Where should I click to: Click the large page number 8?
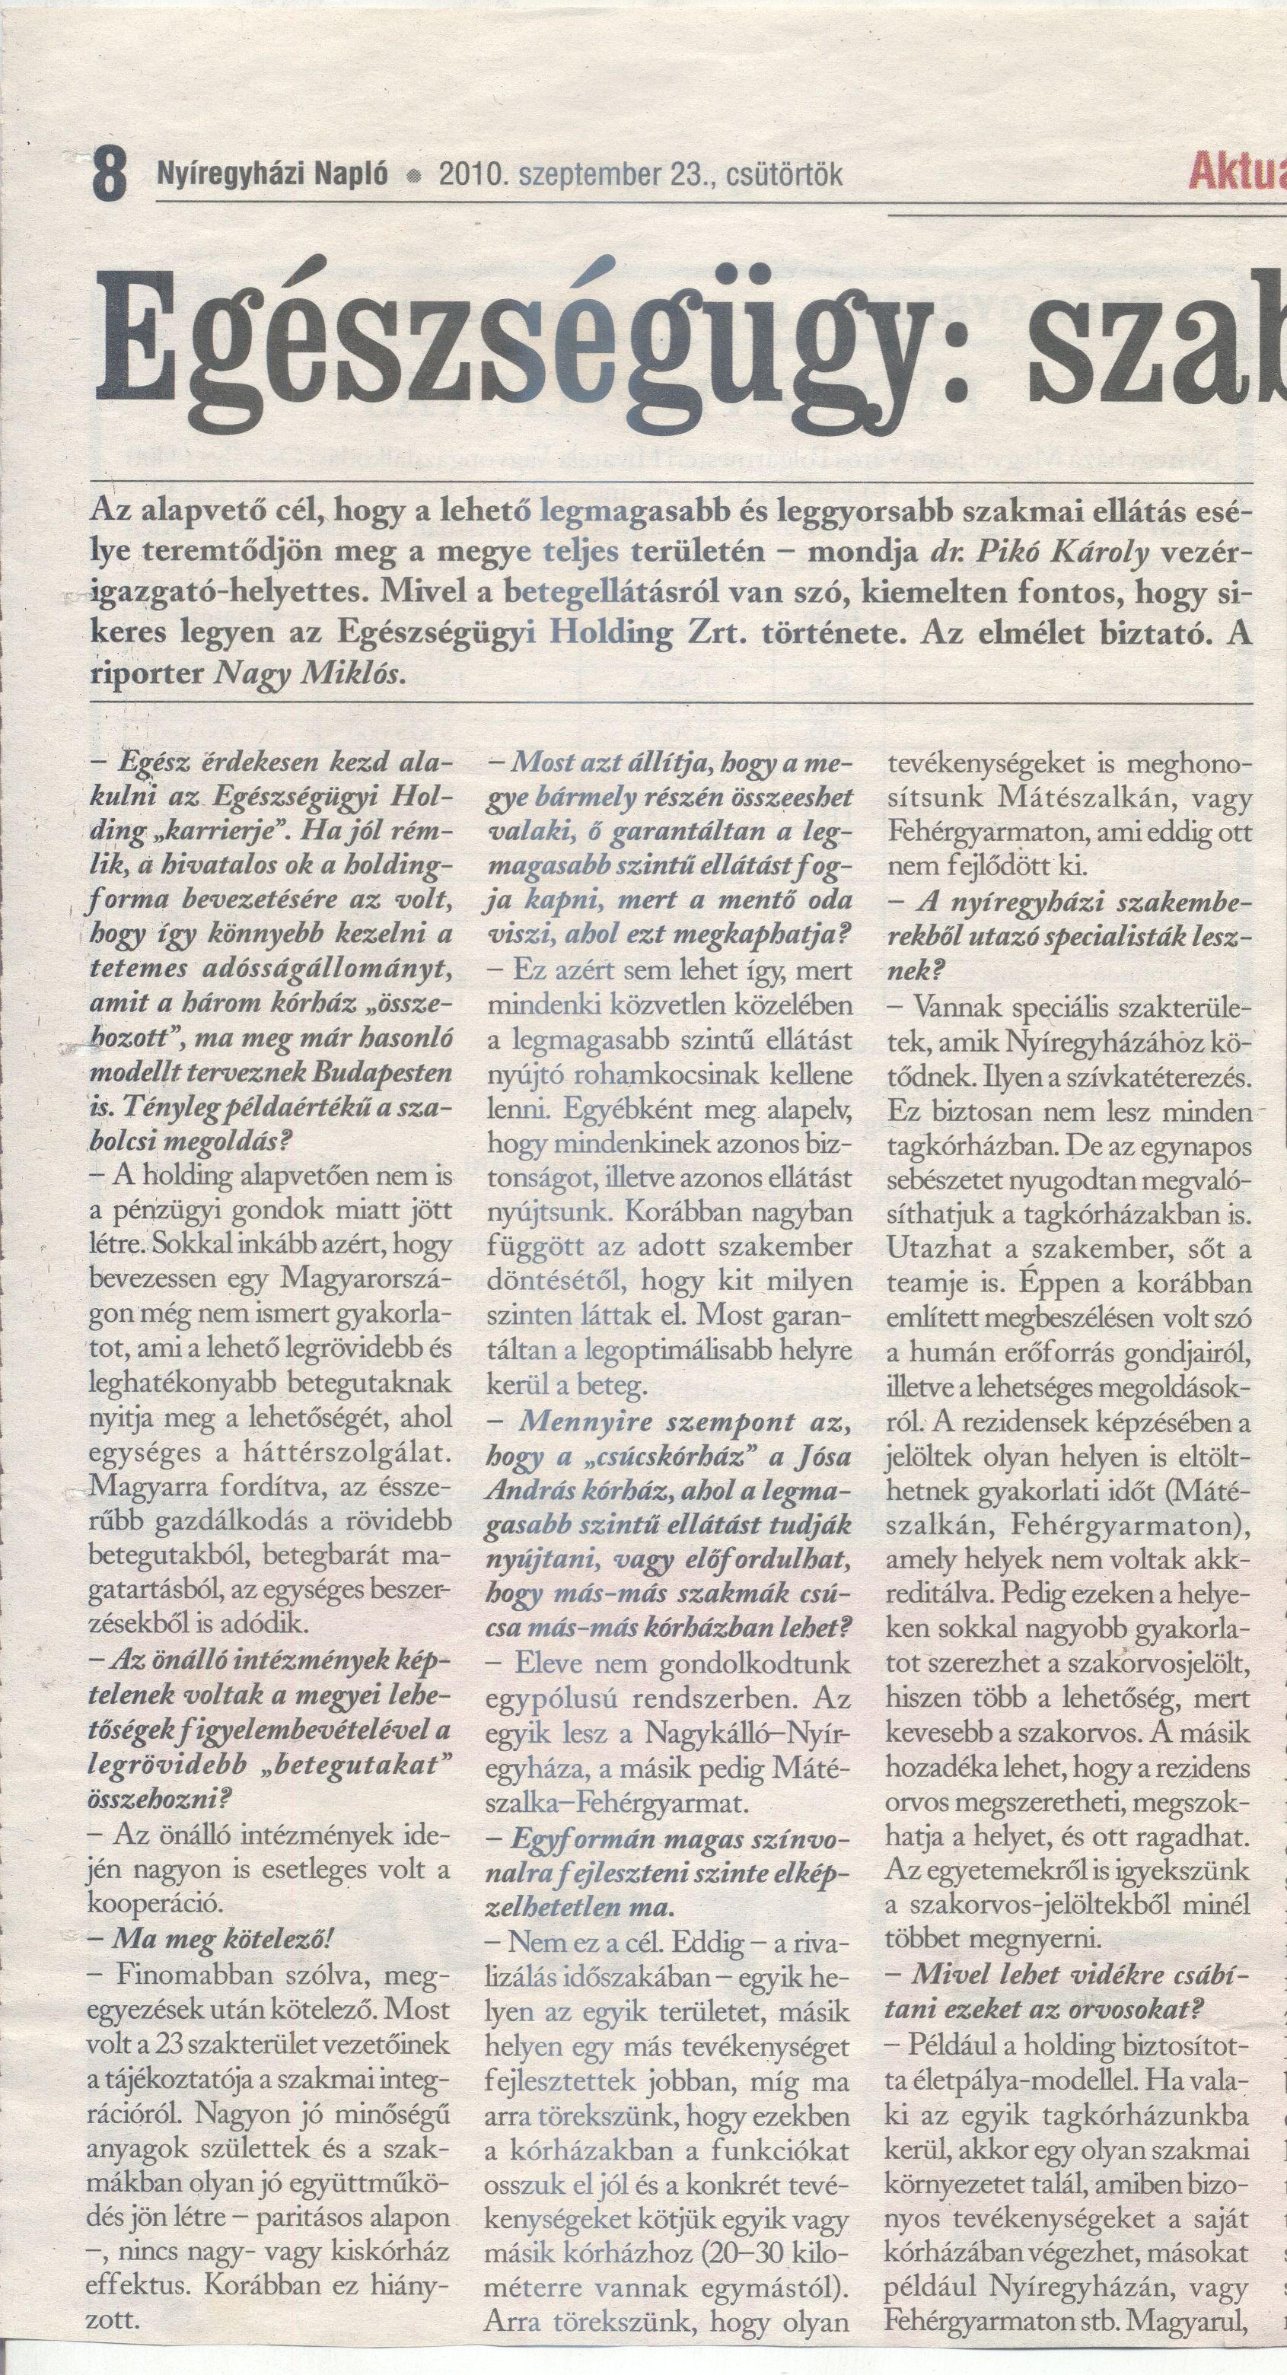pyautogui.click(x=109, y=174)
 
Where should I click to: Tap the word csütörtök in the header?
pyautogui.click(x=785, y=174)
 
